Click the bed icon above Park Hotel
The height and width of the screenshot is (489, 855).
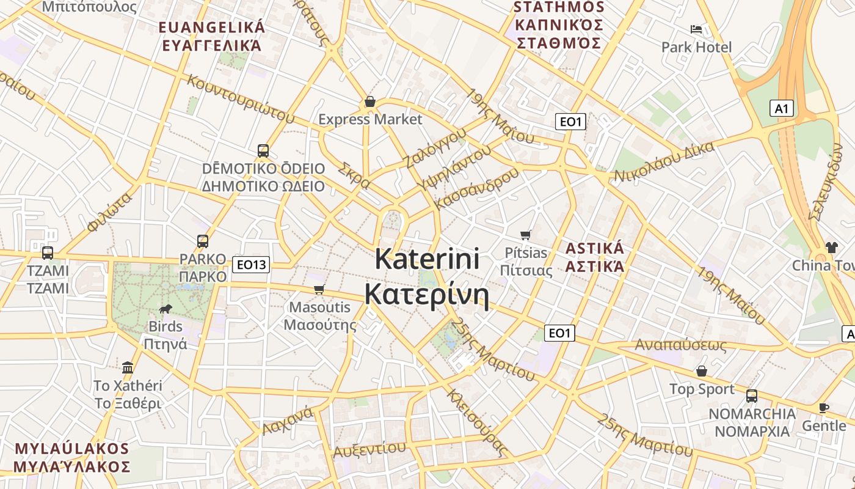pyautogui.click(x=696, y=29)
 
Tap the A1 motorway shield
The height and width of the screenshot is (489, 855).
pyautogui.click(x=782, y=109)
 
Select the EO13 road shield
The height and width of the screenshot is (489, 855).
pyautogui.click(x=251, y=265)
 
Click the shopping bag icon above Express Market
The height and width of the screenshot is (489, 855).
pyautogui.click(x=369, y=101)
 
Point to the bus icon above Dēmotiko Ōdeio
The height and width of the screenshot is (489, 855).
pyautogui.click(x=263, y=150)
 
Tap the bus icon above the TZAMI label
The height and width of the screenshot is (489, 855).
pyautogui.click(x=47, y=252)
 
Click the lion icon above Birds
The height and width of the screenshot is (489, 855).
pyautogui.click(x=165, y=309)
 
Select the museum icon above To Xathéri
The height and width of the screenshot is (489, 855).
pyautogui.click(x=128, y=367)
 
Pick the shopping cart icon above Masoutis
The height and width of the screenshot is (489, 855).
pyautogui.click(x=319, y=289)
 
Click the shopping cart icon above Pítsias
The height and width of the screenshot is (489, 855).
pyautogui.click(x=525, y=235)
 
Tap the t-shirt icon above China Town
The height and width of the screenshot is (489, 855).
pyautogui.click(x=832, y=248)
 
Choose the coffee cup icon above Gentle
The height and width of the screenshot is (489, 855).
pyautogui.click(x=823, y=408)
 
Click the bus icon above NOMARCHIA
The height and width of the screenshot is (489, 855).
pyautogui.click(x=752, y=395)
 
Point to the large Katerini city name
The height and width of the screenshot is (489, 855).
pyautogui.click(x=427, y=259)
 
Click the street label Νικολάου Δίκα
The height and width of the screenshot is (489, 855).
pyautogui.click(x=664, y=161)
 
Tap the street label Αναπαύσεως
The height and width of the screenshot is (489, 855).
pyautogui.click(x=681, y=345)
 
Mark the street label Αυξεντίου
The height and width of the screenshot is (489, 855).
pyautogui.click(x=369, y=449)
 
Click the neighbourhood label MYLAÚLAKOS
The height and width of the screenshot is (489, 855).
pyautogui.click(x=72, y=449)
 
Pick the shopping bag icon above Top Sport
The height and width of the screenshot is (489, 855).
pyautogui.click(x=702, y=371)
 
